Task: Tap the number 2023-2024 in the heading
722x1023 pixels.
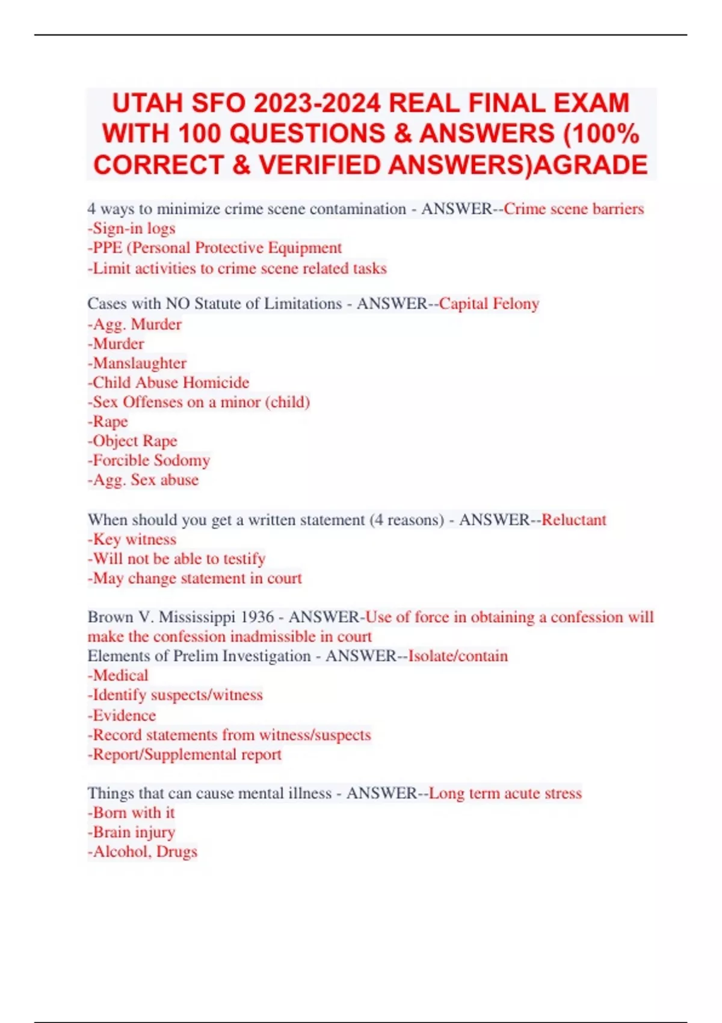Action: [317, 103]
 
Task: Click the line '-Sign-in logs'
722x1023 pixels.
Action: [131, 228]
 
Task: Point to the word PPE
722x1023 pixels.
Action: [108, 248]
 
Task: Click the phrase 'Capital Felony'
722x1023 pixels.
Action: [489, 303]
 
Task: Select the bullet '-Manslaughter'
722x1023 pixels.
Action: [137, 363]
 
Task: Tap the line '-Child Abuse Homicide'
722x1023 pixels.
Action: [168, 383]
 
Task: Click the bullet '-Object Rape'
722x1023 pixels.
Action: [132, 440]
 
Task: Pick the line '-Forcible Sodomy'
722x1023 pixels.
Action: [149, 460]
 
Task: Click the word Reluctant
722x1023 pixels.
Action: [573, 519]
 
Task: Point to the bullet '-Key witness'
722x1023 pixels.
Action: [132, 539]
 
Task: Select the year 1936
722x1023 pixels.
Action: [257, 617]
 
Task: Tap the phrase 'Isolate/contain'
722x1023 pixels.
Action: [458, 655]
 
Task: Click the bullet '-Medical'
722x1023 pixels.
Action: [118, 675]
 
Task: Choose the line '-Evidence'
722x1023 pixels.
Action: [122, 715]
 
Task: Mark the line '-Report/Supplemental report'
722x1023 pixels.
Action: [185, 754]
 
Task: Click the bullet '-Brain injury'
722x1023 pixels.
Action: [131, 832]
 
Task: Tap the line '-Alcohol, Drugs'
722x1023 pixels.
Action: [143, 851]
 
